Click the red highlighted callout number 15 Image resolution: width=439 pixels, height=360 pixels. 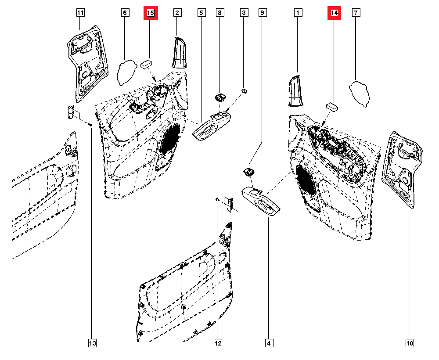tap(150, 14)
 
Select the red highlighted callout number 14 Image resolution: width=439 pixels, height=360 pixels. tap(335, 14)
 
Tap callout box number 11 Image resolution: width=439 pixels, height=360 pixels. tap(80, 13)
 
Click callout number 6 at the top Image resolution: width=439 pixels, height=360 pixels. tap(125, 13)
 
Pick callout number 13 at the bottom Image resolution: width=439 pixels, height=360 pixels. tap(92, 343)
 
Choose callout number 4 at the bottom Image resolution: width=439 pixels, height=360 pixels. tap(269, 343)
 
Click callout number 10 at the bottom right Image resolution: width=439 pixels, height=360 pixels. tap(410, 343)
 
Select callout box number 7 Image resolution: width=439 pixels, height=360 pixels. tap(355, 13)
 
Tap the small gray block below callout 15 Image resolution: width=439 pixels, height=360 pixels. tap(146, 63)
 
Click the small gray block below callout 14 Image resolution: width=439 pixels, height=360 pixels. tap(332, 106)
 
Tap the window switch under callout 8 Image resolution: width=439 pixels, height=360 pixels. tap(220, 97)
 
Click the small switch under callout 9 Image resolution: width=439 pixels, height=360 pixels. tap(249, 171)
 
